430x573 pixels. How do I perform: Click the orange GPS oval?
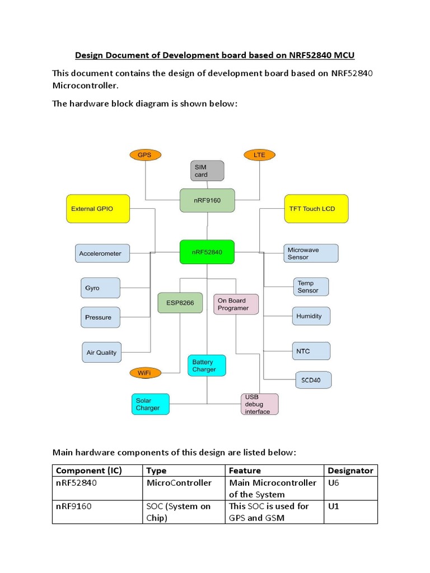[x=145, y=154]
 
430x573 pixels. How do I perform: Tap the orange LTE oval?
[x=260, y=154]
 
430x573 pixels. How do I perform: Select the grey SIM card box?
[x=207, y=171]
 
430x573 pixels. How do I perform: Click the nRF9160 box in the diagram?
[x=207, y=200]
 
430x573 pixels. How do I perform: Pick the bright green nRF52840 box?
[x=207, y=252]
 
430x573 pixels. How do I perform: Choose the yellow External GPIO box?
[x=98, y=209]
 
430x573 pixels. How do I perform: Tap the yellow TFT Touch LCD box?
[x=316, y=209]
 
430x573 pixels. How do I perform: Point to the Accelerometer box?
[x=101, y=253]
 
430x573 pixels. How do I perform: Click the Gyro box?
[x=100, y=288]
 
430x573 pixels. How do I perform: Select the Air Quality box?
[x=102, y=353]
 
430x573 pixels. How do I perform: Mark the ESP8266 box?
[x=180, y=302]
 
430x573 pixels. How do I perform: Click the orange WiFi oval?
[x=144, y=373]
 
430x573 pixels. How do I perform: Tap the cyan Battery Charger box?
[x=207, y=365]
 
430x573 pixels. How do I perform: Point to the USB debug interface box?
[x=259, y=404]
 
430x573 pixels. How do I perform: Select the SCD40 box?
[x=313, y=381]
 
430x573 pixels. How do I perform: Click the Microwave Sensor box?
[x=311, y=253]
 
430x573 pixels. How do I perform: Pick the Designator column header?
[x=350, y=471]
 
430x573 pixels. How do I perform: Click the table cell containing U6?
[x=350, y=488]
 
